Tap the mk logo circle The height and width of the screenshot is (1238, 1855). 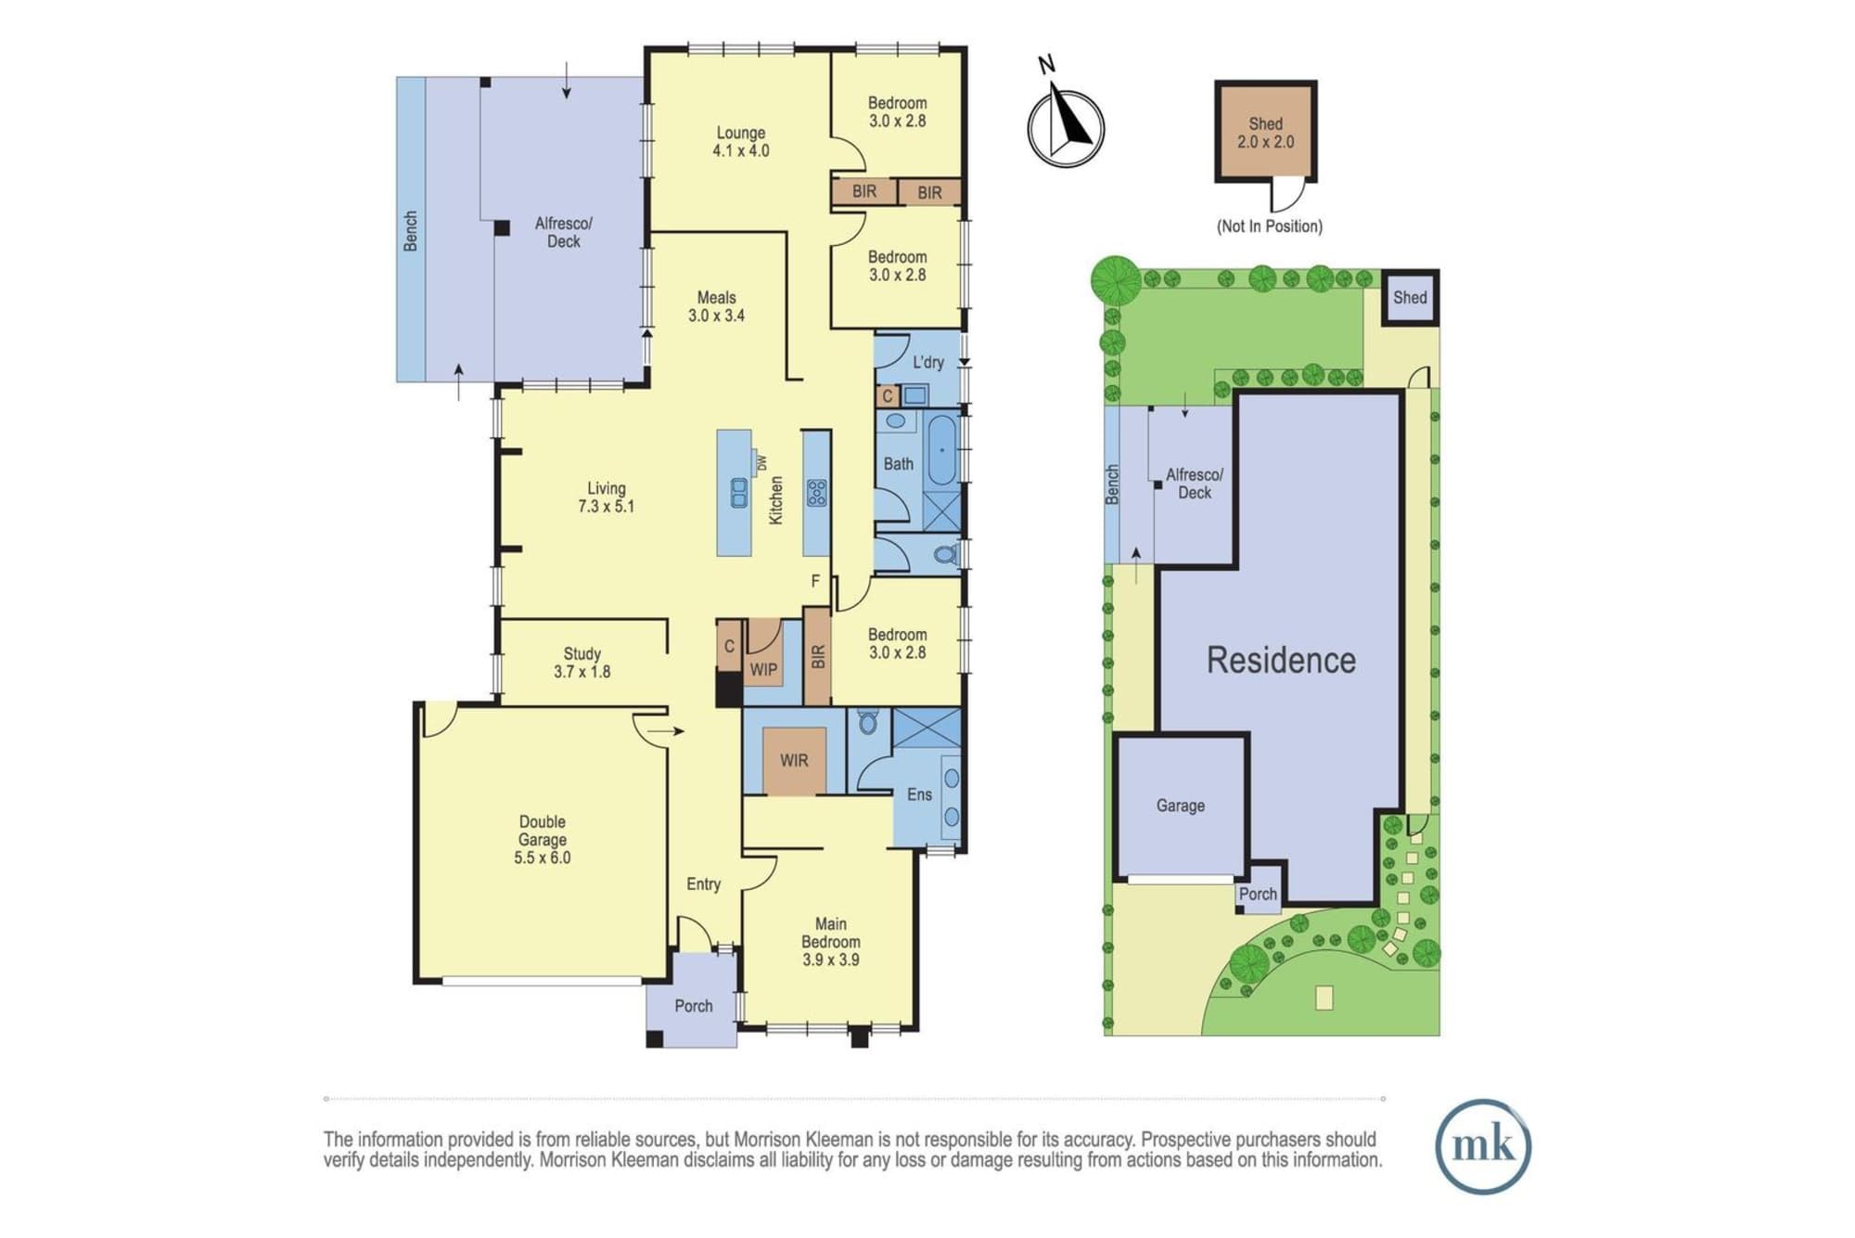pyautogui.click(x=1483, y=1146)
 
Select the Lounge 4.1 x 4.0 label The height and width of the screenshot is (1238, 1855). pyautogui.click(x=740, y=141)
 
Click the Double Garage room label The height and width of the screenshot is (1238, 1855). pyautogui.click(x=543, y=840)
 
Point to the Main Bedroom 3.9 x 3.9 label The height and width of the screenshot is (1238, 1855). pyautogui.click(x=831, y=942)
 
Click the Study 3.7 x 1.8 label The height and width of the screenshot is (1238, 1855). pyautogui.click(x=582, y=663)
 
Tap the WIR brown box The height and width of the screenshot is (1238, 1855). pyautogui.click(x=794, y=761)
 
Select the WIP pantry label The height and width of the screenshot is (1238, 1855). pyautogui.click(x=763, y=669)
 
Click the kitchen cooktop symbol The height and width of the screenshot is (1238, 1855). pyautogui.click(x=817, y=492)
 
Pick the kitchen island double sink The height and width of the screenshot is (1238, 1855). pyautogui.click(x=739, y=492)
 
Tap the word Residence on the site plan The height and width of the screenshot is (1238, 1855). pyautogui.click(x=1281, y=660)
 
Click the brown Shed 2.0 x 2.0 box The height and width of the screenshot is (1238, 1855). pyautogui.click(x=1266, y=131)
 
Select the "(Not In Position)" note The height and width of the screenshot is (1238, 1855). pyautogui.click(x=1270, y=226)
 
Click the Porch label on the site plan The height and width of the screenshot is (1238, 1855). pyautogui.click(x=1258, y=894)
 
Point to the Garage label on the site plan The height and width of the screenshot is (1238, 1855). pyautogui.click(x=1180, y=806)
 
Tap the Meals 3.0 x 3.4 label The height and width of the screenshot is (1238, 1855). pyautogui.click(x=716, y=306)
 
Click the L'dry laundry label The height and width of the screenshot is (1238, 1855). pyautogui.click(x=927, y=362)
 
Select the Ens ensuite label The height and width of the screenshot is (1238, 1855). pyautogui.click(x=919, y=794)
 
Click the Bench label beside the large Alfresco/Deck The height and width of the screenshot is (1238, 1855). pyautogui.click(x=410, y=231)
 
